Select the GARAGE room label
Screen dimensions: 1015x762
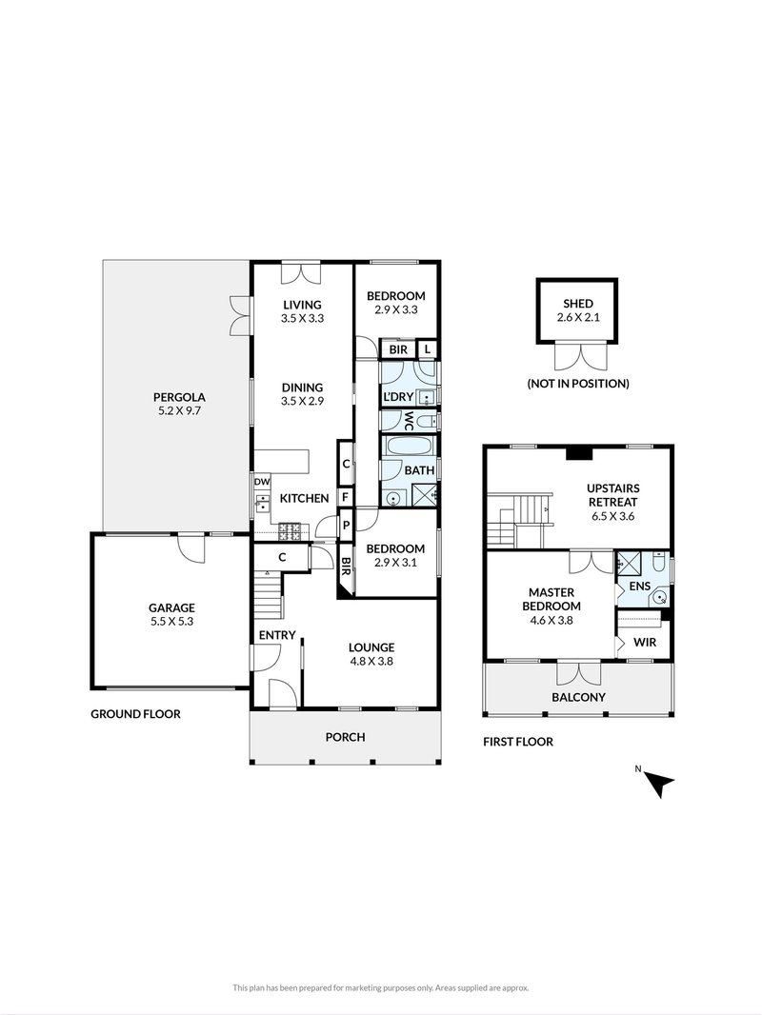point(171,607)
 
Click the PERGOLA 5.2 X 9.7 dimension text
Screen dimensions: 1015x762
point(180,413)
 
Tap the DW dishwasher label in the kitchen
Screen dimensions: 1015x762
point(262,483)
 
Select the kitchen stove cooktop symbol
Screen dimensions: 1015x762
point(291,527)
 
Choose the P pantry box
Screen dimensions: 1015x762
point(344,524)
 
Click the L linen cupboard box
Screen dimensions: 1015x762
point(427,350)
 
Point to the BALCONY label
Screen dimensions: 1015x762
point(579,697)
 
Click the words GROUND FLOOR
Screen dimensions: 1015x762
point(135,714)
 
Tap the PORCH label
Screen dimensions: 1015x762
point(345,736)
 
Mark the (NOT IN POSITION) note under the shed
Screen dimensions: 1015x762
point(577,384)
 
